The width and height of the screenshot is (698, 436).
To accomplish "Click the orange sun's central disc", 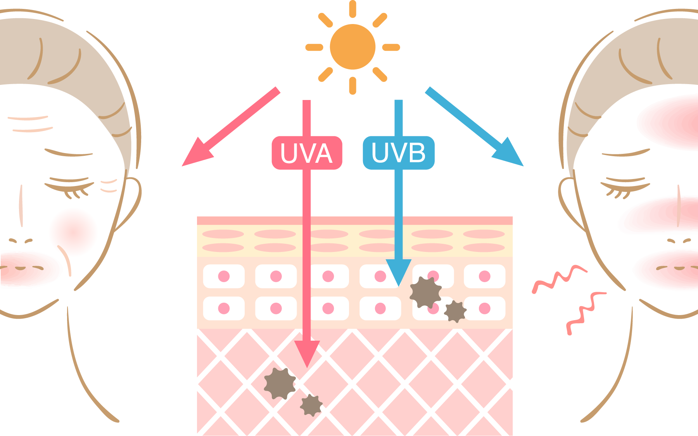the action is [x=352, y=47].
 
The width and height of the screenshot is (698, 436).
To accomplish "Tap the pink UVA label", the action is [x=307, y=153].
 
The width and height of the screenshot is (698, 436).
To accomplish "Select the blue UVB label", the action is [x=399, y=153].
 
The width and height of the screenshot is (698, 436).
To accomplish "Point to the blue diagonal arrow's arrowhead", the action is [x=509, y=153].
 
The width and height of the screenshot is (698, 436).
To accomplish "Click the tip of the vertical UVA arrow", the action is [x=307, y=367].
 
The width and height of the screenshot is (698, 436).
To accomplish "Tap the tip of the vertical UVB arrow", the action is [x=399, y=286].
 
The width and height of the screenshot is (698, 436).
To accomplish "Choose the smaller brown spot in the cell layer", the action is [x=455, y=311].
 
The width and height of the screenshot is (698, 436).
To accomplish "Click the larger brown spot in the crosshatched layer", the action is [x=280, y=384].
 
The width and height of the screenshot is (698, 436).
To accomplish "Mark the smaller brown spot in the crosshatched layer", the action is [x=311, y=405].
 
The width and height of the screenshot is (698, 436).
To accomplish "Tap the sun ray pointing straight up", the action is [x=352, y=9].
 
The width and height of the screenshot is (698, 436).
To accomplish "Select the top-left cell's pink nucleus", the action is [x=224, y=276].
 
